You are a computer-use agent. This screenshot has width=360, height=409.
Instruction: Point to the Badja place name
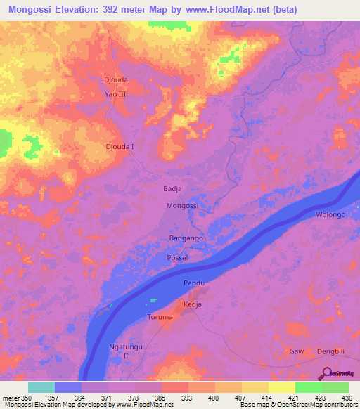tap(172, 189)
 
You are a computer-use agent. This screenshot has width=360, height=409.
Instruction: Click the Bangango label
tap(186, 239)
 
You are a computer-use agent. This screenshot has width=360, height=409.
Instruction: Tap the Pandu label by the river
tap(194, 283)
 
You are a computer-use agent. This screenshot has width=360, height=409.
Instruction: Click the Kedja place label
tap(193, 304)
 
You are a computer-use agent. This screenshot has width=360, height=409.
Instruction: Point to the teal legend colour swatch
tap(41, 387)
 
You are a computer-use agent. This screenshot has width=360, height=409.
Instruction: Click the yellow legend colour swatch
tap(281, 387)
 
